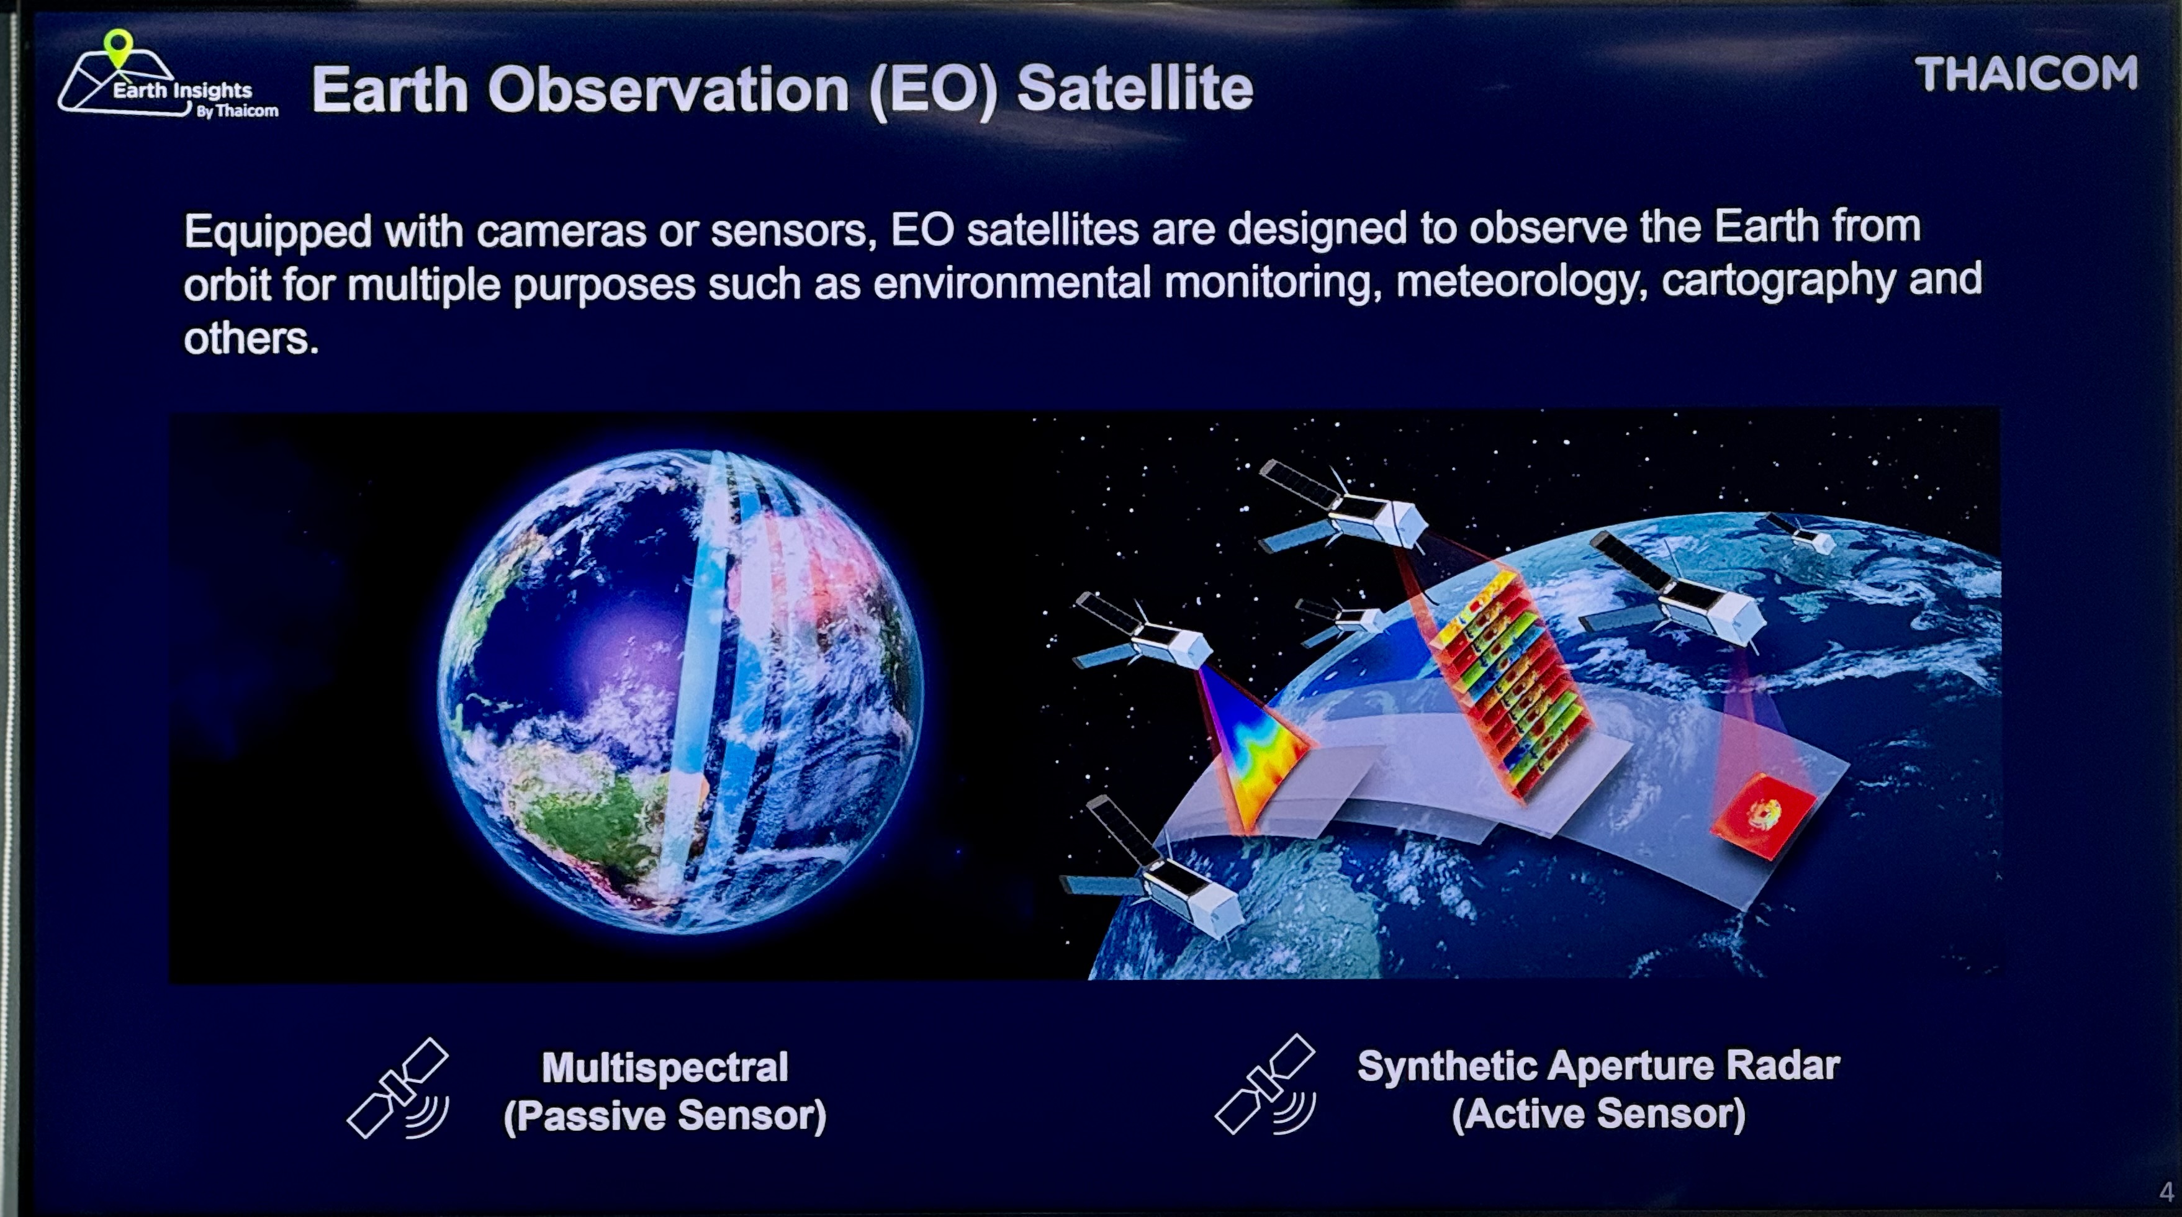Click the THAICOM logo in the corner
coord(2026,74)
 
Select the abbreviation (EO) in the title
coord(932,91)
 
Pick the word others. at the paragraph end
coord(251,339)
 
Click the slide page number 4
coord(2166,1192)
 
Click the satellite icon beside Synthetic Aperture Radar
coord(1266,1085)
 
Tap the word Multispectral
coord(665,1067)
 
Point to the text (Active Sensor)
coord(1598,1114)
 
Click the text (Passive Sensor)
coord(665,1115)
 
